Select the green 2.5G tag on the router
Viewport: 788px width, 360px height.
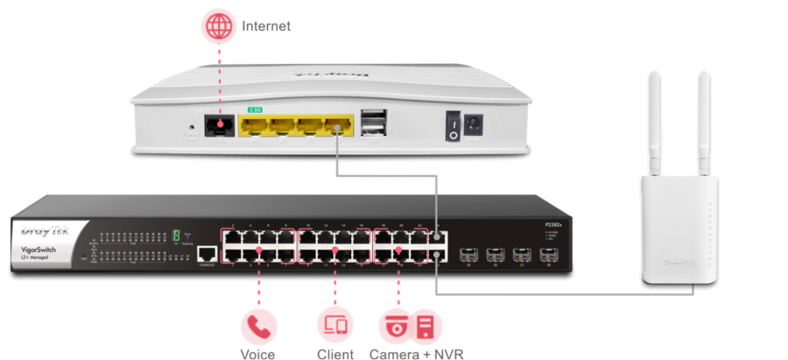tap(254, 112)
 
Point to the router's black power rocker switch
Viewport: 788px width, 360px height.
tap(454, 125)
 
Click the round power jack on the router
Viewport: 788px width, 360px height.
tap(476, 125)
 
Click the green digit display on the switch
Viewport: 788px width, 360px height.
tap(176, 236)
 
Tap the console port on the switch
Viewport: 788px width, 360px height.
tap(208, 254)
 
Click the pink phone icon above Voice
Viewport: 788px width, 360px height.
tap(259, 326)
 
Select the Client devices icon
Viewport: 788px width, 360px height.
tap(335, 326)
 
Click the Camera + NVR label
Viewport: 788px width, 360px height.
tap(415, 354)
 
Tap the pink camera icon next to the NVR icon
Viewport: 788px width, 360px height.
tap(395, 326)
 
